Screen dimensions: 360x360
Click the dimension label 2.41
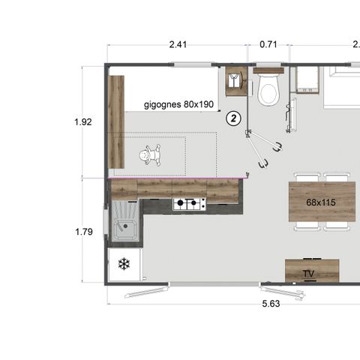(178, 45)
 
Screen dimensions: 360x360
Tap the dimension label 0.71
(268, 45)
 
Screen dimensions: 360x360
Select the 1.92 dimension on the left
(84, 121)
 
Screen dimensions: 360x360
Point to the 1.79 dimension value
(84, 232)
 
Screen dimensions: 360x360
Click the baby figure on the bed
(151, 155)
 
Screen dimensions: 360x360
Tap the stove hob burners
(189, 203)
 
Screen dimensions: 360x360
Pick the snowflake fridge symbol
(123, 265)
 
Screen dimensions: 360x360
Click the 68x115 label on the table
(321, 202)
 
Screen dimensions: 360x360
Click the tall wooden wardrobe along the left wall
(116, 120)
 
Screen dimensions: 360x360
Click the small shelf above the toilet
(268, 70)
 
